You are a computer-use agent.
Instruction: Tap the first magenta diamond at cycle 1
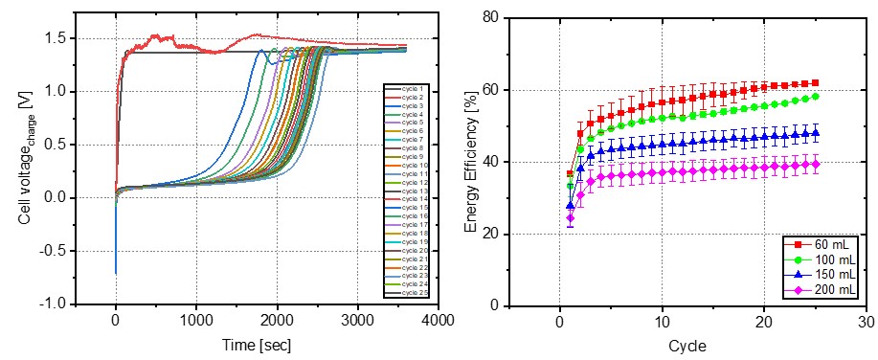(x=571, y=218)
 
